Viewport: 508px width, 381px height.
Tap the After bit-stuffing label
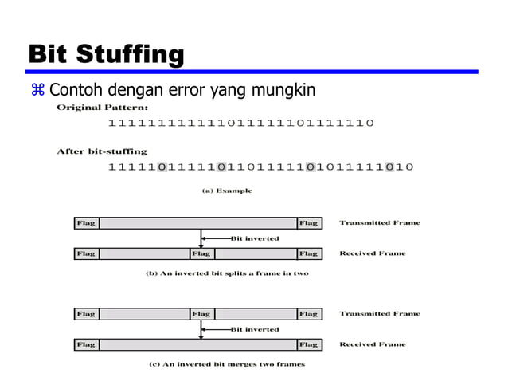point(101,151)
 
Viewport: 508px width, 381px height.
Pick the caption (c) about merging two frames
point(227,364)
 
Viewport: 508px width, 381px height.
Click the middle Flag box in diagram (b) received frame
point(201,253)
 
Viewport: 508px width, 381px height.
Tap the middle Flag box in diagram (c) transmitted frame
point(201,314)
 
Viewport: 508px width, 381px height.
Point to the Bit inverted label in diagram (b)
point(255,238)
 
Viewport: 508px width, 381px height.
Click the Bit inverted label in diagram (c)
point(255,328)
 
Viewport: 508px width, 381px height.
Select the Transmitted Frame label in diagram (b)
point(380,223)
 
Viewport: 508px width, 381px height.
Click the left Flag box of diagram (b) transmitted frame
point(86,223)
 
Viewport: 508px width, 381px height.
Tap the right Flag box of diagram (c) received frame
point(309,344)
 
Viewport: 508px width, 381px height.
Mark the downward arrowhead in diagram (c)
point(201,336)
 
